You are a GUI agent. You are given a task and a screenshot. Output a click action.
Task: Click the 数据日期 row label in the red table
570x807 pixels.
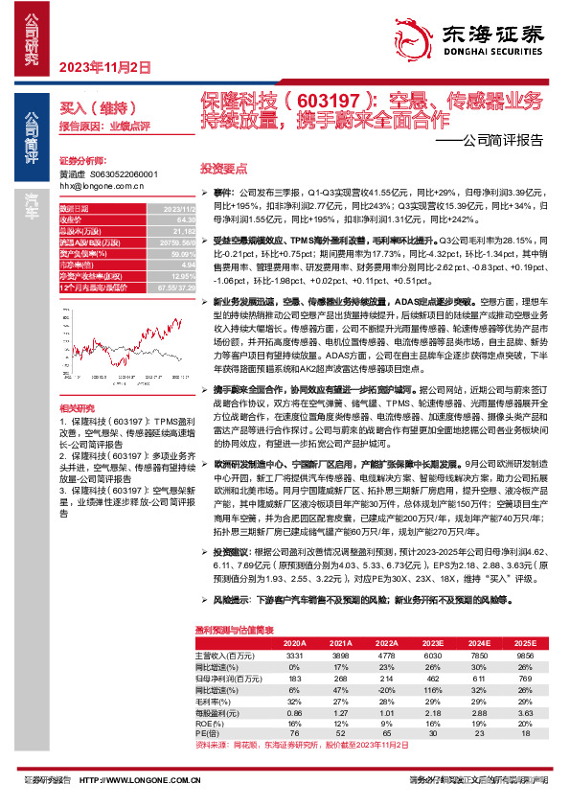(75, 209)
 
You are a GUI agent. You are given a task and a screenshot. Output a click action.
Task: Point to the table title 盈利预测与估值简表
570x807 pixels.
(235, 630)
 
